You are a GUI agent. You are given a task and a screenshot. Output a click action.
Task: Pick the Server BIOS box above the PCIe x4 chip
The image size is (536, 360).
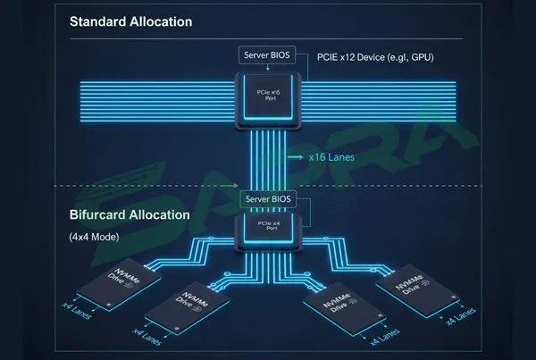269,198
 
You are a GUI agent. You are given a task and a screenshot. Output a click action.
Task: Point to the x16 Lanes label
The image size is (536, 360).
331,157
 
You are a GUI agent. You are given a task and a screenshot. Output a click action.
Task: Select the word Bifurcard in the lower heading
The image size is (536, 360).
101,215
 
